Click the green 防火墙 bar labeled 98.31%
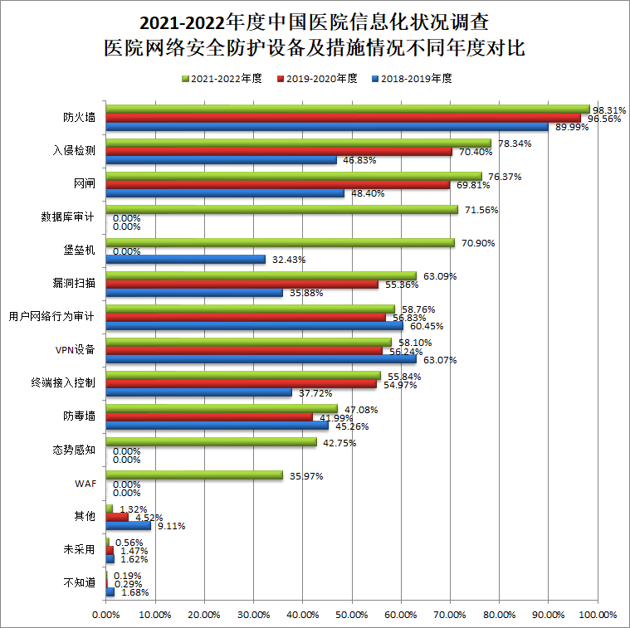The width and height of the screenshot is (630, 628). click(347, 110)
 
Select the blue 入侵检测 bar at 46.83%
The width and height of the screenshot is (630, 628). click(221, 159)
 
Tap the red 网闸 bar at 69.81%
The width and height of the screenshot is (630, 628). click(277, 184)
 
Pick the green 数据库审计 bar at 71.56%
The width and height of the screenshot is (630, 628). click(281, 210)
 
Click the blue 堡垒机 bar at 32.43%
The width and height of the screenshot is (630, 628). click(185, 260)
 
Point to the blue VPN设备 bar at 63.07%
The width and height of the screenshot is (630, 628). click(261, 359)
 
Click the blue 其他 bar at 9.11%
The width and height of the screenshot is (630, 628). click(128, 525)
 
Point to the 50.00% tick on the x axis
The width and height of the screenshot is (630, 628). click(352, 615)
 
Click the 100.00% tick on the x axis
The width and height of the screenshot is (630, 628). click(597, 615)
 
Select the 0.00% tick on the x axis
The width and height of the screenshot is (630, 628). click(106, 615)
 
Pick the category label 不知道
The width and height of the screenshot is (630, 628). click(79, 582)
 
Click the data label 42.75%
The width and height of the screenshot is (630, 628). click(339, 443)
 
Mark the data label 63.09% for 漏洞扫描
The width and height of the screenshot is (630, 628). click(440, 276)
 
